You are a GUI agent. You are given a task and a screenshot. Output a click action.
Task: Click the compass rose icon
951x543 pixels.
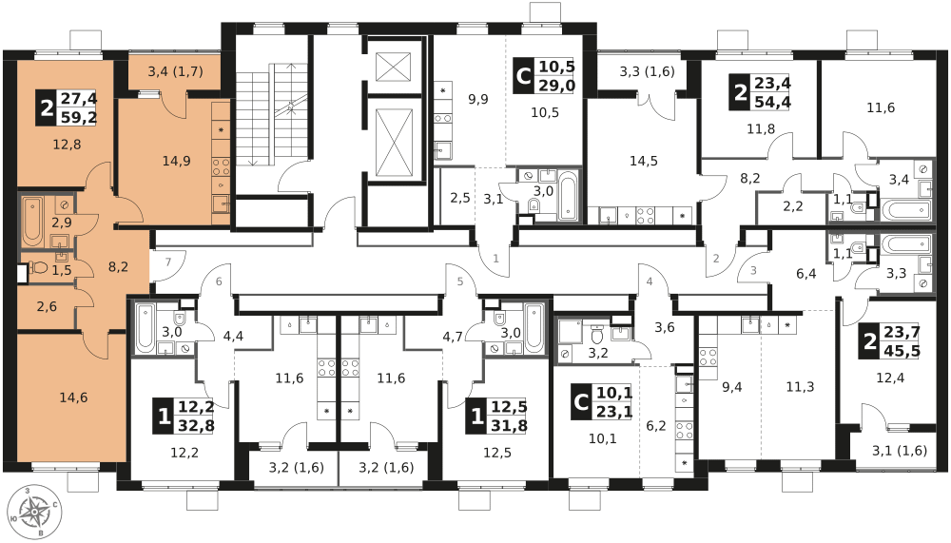pos(34,514)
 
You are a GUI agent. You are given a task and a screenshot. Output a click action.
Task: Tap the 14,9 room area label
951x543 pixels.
pos(176,161)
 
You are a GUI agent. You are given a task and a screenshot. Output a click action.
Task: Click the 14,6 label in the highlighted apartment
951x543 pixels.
pos(73,398)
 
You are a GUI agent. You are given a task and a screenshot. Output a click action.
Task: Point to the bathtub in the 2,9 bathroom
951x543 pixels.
pos(31,217)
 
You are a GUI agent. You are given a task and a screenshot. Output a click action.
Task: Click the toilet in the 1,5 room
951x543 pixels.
pos(39,268)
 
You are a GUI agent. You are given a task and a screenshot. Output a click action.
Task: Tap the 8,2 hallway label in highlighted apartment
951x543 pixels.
pos(119,268)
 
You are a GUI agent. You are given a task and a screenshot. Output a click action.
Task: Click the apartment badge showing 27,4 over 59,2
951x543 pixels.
pos(67,108)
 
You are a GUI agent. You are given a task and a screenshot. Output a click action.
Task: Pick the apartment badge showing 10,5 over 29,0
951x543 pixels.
pos(545,76)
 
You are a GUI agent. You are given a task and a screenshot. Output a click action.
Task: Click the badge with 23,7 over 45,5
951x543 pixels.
pos(892,340)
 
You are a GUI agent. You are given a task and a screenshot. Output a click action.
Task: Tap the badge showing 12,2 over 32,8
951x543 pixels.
pos(184,416)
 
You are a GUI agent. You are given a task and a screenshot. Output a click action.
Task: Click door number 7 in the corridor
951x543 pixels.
pos(167,262)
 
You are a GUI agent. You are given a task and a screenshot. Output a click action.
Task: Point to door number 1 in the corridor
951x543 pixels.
pos(495,257)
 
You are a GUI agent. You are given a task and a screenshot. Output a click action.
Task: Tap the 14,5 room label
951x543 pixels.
pos(644,161)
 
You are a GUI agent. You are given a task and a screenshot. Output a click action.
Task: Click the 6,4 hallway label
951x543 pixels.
pos(806,274)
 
